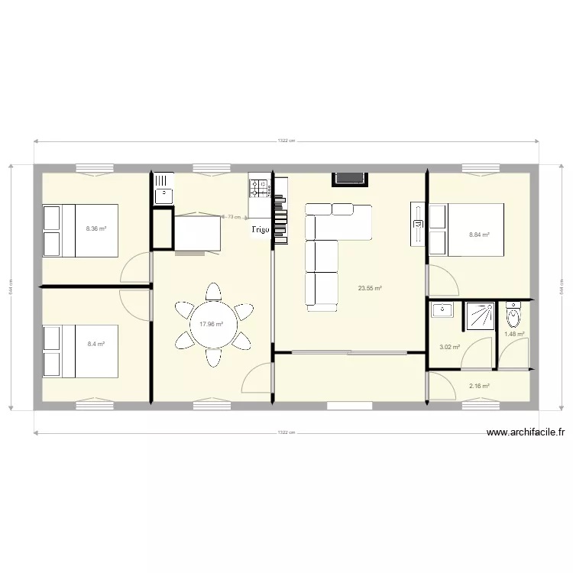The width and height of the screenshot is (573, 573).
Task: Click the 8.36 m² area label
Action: coord(96,228)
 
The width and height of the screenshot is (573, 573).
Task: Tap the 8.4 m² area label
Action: coord(96,345)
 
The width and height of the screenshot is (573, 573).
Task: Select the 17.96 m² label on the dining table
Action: coord(211,324)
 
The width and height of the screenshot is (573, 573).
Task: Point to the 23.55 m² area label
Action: coord(371,288)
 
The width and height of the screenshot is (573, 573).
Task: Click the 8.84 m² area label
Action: coord(479,235)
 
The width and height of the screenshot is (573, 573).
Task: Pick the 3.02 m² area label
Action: coord(448,347)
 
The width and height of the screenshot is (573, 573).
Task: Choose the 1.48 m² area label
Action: coord(514,334)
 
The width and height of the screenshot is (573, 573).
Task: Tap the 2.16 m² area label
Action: coord(479,386)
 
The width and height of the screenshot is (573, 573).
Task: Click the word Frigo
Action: coord(261,228)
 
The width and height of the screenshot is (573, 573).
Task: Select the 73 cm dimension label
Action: coord(234,217)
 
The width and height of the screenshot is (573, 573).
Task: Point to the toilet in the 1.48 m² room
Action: coord(513,314)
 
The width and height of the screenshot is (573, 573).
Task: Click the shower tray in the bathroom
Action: coord(481,314)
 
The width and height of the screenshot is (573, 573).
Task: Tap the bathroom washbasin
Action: coord(442,310)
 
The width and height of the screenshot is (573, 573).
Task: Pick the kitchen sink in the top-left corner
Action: coord(163,189)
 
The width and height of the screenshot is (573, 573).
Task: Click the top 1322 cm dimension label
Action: coord(286,141)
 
